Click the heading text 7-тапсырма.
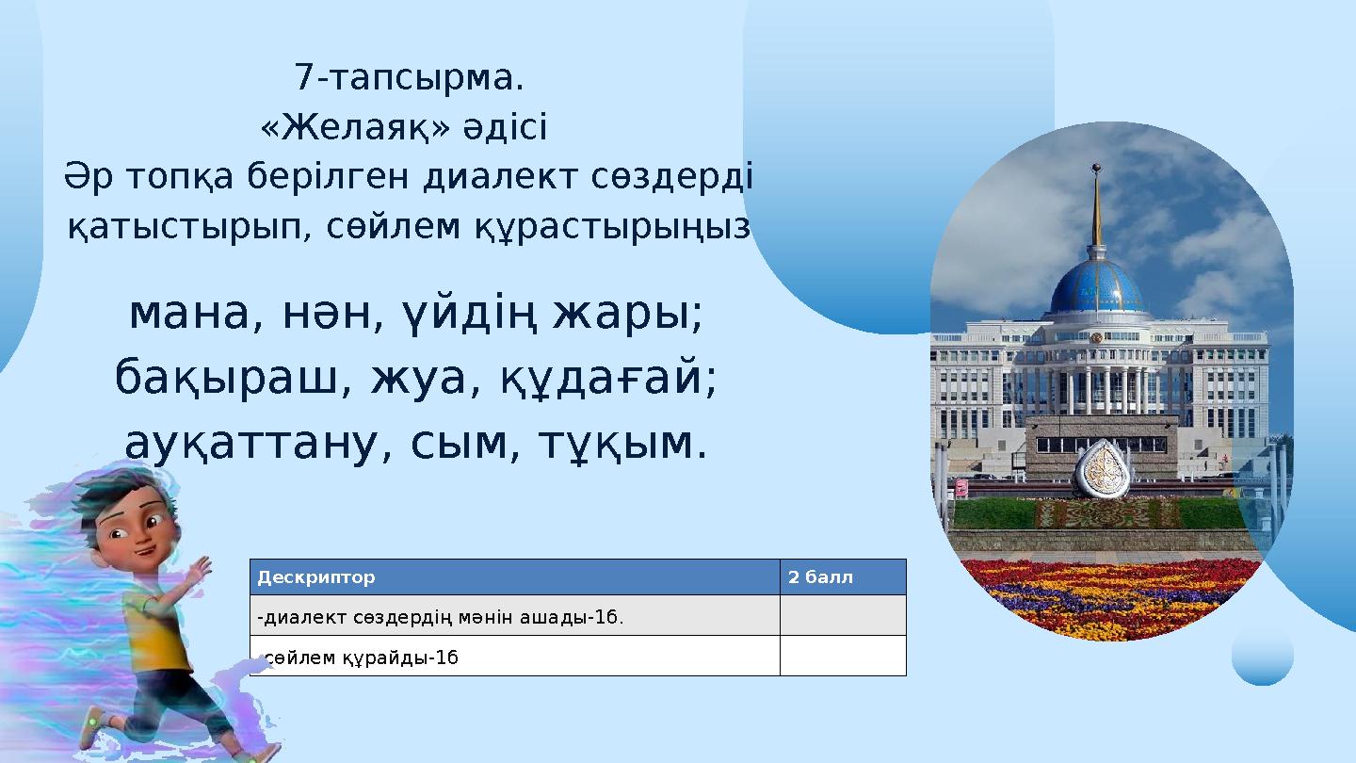point(409,78)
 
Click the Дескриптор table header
point(316,577)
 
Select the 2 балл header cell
point(820,577)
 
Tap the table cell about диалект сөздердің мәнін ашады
point(441,617)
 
